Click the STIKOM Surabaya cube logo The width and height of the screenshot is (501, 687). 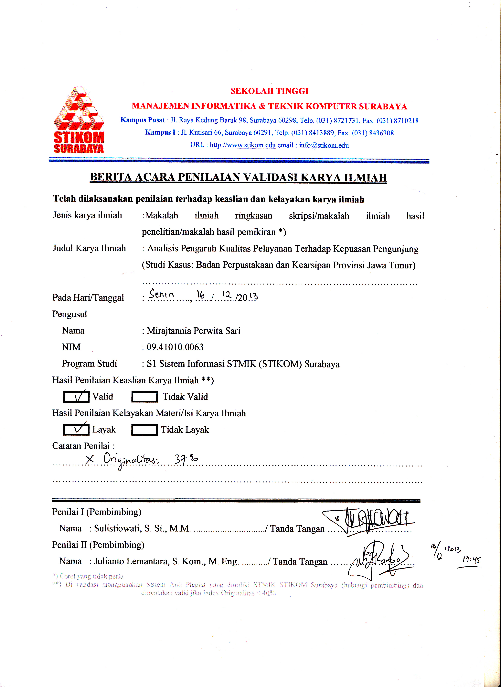pos(79,120)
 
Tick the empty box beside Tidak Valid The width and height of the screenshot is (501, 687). pos(144,397)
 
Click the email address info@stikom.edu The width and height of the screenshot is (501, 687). pos(324,145)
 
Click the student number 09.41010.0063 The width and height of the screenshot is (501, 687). pos(175,347)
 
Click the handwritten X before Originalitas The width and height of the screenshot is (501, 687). pos(90,459)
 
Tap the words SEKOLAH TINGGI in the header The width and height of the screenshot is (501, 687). pos(269,91)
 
